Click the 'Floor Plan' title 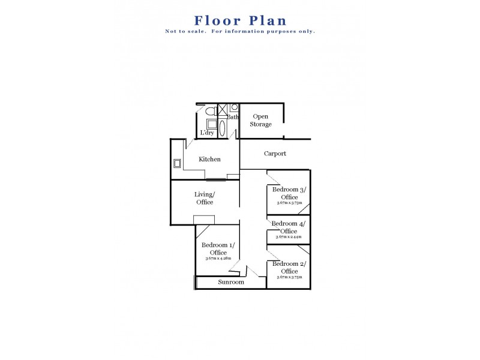240,21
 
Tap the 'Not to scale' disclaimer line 240,31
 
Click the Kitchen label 210,160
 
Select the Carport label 275,154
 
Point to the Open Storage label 261,120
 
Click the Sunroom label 231,282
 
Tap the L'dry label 208,133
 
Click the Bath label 233,118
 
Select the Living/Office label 205,198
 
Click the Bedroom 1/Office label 218,248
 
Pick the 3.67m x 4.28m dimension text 218,259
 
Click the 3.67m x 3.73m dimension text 289,203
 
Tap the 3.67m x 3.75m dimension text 289,278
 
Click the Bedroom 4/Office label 289,227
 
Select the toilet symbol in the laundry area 209,112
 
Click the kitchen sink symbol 178,163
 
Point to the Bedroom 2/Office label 289,268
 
